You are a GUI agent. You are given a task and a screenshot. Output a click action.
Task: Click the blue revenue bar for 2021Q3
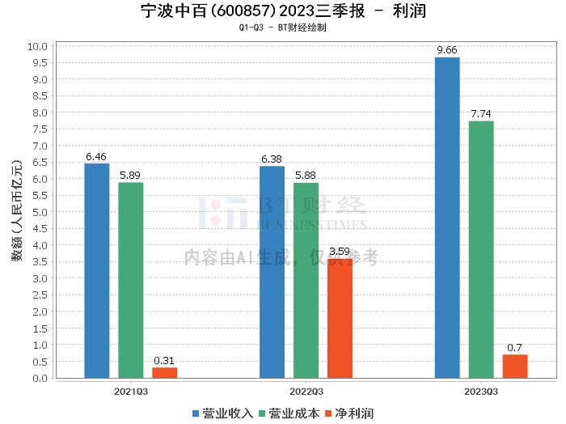(x=96, y=270)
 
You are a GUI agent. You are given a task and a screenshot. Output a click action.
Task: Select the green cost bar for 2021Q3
(x=130, y=280)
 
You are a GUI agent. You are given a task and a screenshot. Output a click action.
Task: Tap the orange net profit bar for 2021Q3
(x=164, y=372)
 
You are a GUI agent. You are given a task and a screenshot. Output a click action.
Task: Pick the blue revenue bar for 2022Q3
(x=272, y=272)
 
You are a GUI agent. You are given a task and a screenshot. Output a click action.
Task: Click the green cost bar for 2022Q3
(x=306, y=280)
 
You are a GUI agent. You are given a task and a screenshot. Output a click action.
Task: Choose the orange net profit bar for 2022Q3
(x=340, y=318)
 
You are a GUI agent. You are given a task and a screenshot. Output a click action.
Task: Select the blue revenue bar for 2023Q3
(x=447, y=218)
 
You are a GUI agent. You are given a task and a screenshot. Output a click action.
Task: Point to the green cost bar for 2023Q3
(x=481, y=249)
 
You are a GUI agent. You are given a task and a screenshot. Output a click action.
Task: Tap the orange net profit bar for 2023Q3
(x=515, y=366)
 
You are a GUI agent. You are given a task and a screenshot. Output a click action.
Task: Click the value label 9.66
(x=447, y=50)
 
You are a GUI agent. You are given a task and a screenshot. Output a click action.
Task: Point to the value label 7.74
(x=481, y=114)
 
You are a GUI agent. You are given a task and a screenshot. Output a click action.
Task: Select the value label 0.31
(x=164, y=360)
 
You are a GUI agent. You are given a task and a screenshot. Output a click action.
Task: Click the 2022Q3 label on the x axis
(x=306, y=390)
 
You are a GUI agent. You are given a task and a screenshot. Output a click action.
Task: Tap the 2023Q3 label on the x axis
(x=481, y=390)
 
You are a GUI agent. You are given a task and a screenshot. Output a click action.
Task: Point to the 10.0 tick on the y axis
(x=37, y=46)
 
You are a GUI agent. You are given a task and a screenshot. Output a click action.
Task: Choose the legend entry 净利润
(x=348, y=413)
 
